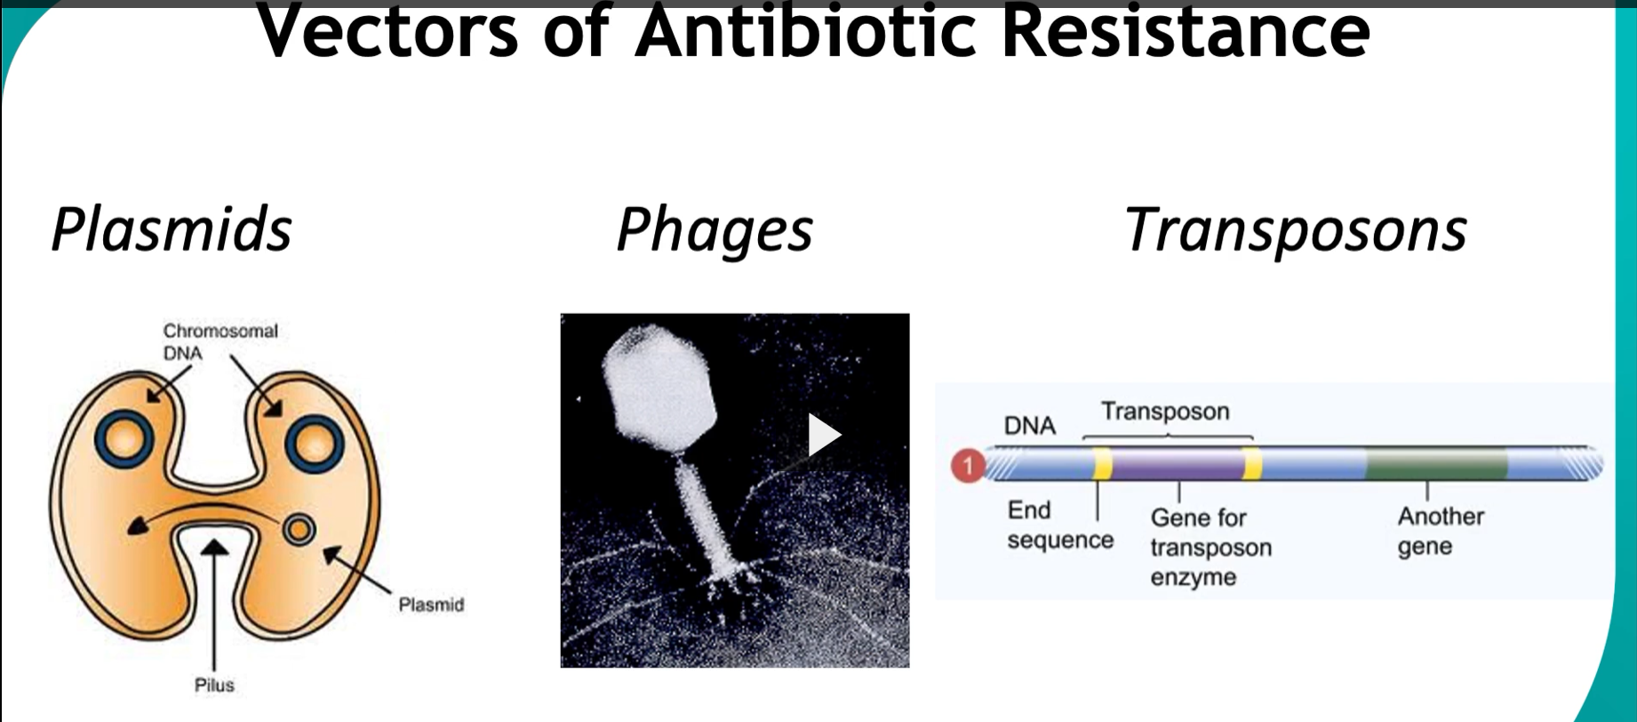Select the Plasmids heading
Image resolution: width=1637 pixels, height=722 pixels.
(x=172, y=229)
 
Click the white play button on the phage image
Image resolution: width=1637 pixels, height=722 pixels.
(x=824, y=435)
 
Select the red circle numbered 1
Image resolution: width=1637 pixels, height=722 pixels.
(x=969, y=465)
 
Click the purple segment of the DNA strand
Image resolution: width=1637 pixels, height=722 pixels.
(x=1177, y=464)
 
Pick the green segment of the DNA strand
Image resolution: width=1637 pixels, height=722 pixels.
(x=1436, y=464)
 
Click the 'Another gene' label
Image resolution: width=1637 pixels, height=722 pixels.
(x=1441, y=531)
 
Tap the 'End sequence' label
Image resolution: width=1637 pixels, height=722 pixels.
(x=1060, y=525)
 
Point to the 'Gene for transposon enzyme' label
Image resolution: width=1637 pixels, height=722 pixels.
(x=1210, y=547)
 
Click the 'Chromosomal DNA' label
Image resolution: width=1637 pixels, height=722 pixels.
(x=220, y=341)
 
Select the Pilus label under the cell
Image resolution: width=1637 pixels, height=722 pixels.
(x=214, y=685)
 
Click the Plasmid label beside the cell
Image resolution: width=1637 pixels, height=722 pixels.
(x=431, y=605)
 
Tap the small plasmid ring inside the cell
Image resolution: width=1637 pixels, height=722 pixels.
(x=299, y=530)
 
